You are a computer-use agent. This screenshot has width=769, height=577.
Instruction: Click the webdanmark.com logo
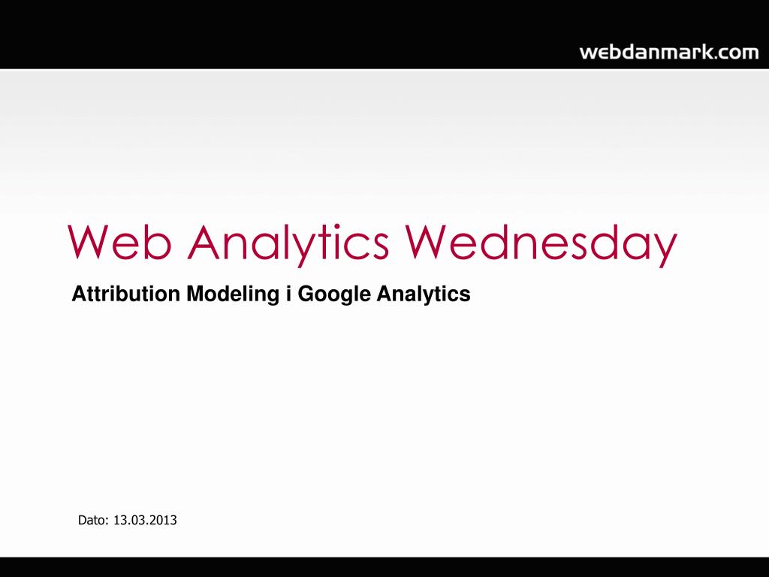tap(669, 52)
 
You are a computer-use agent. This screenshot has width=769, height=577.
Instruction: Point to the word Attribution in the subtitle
tap(126, 294)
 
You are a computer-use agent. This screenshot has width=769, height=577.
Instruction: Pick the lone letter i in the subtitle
tap(289, 294)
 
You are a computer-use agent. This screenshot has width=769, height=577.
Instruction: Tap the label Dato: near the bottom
tap(93, 520)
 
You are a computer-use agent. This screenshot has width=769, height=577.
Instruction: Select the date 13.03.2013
tap(145, 520)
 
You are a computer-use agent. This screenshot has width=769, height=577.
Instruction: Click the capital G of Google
tap(307, 294)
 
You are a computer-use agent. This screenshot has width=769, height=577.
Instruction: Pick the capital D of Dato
tap(83, 520)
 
